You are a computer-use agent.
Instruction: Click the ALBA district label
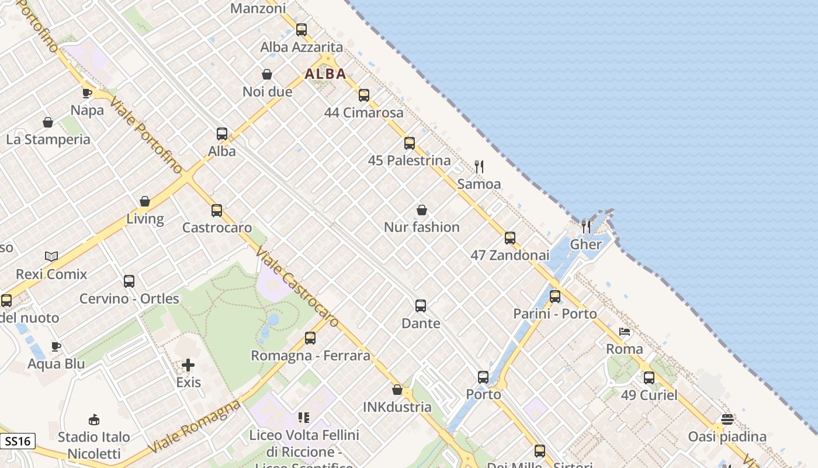click(325, 74)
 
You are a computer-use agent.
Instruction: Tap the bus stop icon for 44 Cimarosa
click(364, 95)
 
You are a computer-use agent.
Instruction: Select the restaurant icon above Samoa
click(479, 167)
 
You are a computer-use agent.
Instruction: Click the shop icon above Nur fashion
click(422, 210)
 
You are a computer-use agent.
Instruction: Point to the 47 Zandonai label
click(510, 255)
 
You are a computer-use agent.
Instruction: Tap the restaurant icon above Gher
click(585, 226)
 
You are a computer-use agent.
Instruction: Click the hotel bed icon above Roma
click(625, 332)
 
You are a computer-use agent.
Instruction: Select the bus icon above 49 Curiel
click(649, 377)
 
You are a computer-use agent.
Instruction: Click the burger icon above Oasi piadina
click(727, 419)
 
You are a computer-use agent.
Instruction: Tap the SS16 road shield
click(18, 441)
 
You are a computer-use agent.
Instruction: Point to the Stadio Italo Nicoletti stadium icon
click(94, 419)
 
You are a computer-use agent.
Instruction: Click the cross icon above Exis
click(188, 365)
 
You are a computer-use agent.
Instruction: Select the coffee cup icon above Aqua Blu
click(56, 346)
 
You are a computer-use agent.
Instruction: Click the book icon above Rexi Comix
click(51, 256)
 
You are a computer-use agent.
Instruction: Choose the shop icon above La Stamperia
click(48, 122)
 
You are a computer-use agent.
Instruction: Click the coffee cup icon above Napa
click(87, 92)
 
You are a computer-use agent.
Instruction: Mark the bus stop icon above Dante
click(421, 305)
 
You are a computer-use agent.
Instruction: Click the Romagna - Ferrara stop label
click(310, 356)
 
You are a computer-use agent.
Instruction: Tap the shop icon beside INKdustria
click(397, 390)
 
